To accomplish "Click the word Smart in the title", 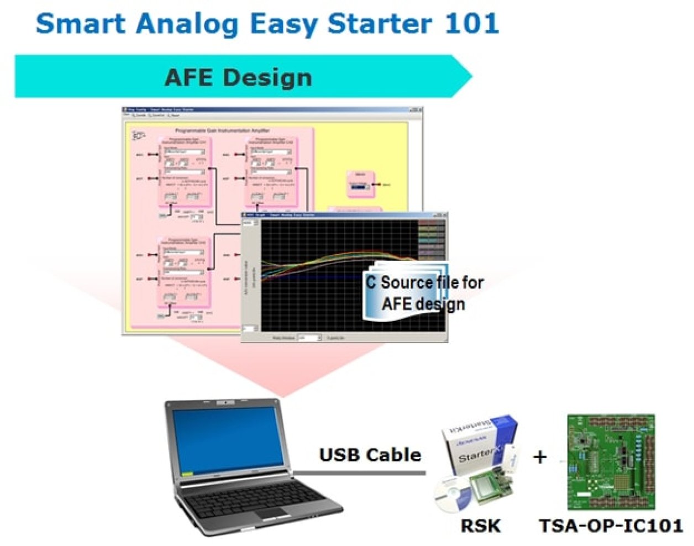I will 81,23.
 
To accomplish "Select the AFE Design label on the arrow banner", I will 238,77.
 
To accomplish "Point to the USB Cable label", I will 370,455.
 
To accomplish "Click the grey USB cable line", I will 359,473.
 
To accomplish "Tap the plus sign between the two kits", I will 539,457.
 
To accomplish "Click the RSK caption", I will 480,526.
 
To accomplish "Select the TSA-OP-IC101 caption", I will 611,526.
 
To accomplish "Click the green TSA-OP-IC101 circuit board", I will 611,462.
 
